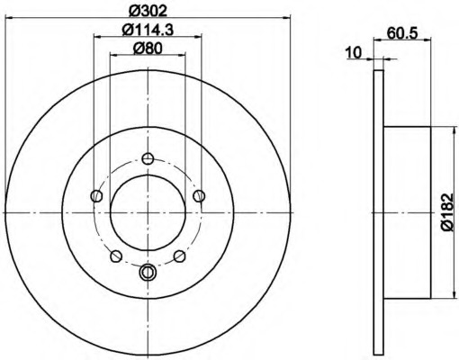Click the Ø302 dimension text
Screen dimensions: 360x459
tap(148, 11)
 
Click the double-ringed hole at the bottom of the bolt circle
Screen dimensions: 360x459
tap(148, 273)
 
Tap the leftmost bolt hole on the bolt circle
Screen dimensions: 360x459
tap(96, 194)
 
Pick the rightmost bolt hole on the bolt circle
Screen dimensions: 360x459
tap(200, 194)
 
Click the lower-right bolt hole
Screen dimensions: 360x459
tap(180, 256)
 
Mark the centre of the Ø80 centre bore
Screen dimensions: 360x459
tap(148, 212)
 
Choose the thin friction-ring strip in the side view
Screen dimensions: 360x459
tap(378, 212)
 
